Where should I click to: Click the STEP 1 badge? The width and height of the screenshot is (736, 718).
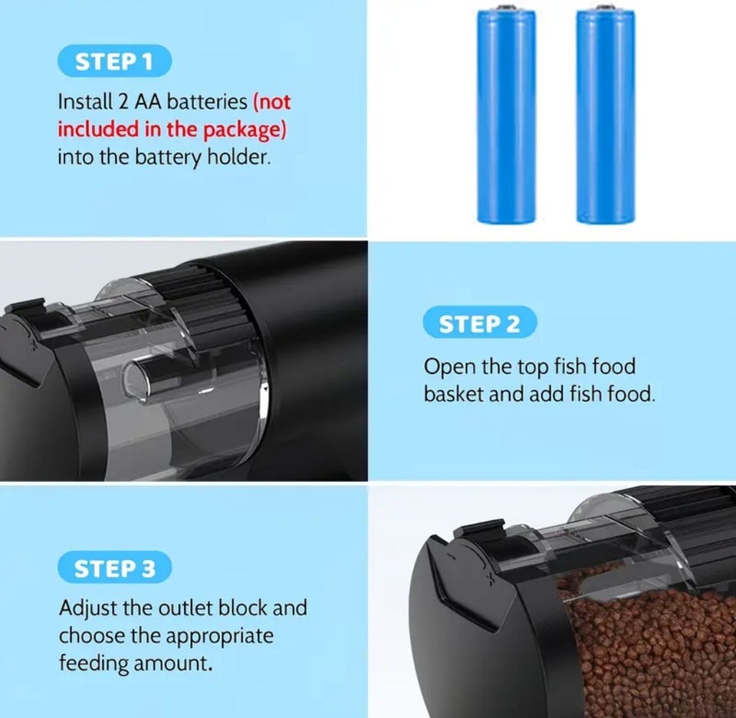point(114,61)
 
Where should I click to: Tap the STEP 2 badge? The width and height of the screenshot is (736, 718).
point(480,323)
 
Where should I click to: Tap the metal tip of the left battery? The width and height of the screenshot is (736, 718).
point(507,8)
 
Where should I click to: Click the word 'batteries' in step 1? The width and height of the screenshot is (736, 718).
point(207,101)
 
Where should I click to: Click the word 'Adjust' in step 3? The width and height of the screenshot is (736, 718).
point(87,608)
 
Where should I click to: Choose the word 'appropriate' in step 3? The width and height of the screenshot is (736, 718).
point(220,637)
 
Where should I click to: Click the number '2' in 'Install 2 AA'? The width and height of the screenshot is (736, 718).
point(123,102)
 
